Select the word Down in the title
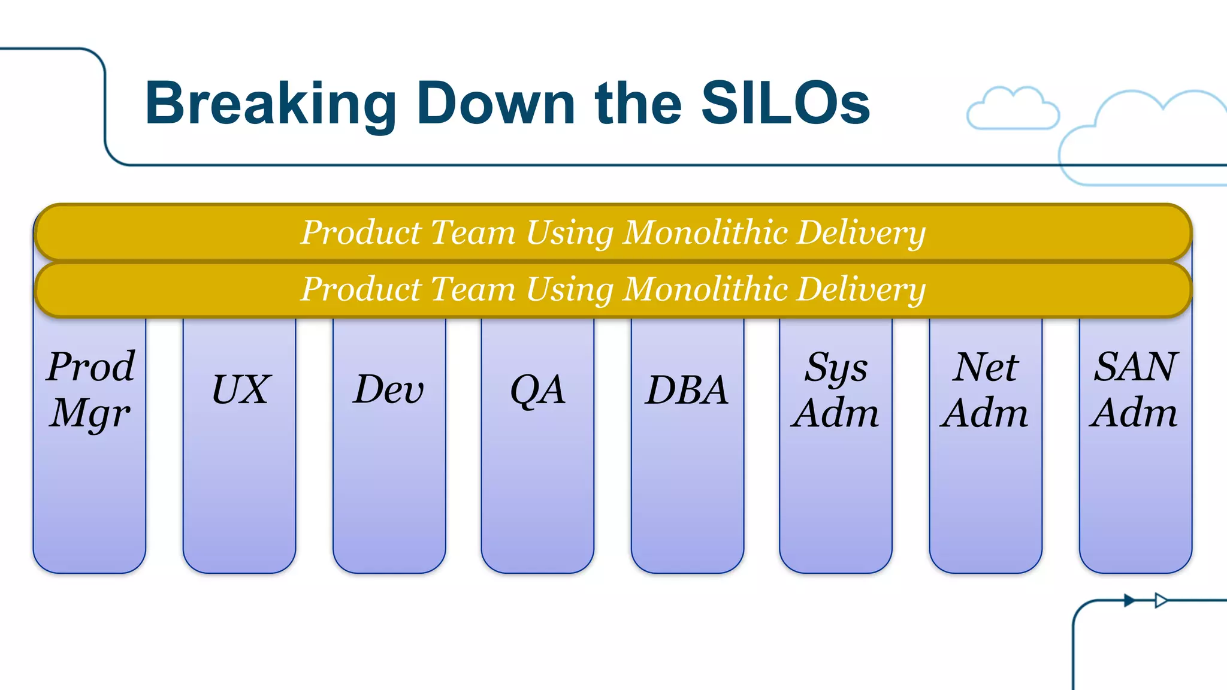(495, 104)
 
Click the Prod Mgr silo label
(90, 389)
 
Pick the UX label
(241, 390)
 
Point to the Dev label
(388, 390)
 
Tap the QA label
(537, 390)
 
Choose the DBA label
(687, 390)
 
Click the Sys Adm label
(835, 390)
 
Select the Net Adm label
(985, 390)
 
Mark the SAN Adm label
(1135, 390)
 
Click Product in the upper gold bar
(361, 232)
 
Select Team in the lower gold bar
(473, 289)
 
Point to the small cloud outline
(1013, 109)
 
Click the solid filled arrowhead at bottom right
(1129, 600)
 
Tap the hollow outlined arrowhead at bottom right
(1160, 600)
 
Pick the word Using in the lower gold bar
(569, 289)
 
